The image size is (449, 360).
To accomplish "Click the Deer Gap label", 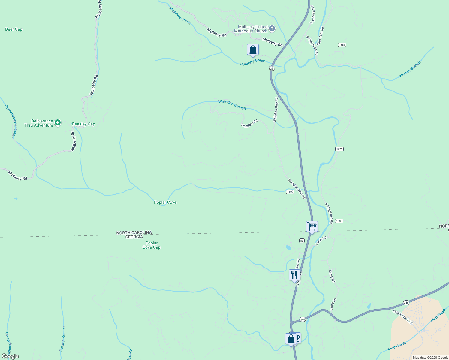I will point(14,29).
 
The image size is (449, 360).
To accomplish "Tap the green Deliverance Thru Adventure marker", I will point(58,123).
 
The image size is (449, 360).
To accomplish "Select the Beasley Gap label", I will point(83,124).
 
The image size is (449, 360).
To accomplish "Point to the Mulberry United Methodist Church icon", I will point(272,28).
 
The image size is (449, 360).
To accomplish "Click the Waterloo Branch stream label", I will point(232,104).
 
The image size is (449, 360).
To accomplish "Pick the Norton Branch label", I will point(410,69).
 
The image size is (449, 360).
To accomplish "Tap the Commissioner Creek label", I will point(11,121).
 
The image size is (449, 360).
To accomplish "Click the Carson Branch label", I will point(62,339).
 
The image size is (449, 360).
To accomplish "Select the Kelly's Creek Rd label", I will point(403,317).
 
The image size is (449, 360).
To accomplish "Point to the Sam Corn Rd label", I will point(320,36).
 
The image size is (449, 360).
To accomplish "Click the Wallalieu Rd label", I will point(249,123).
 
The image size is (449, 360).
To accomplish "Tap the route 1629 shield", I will point(339,149).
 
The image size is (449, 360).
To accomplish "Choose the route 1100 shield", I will point(290,192).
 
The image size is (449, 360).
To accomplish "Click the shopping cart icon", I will point(312,226).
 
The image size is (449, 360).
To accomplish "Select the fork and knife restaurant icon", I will point(294,274).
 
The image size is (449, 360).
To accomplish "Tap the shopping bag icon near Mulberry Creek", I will point(253,49).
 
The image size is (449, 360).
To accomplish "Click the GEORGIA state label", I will point(134,237).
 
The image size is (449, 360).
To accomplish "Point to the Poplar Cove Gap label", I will point(152,245).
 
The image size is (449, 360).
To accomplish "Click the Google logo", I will point(10,356).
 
